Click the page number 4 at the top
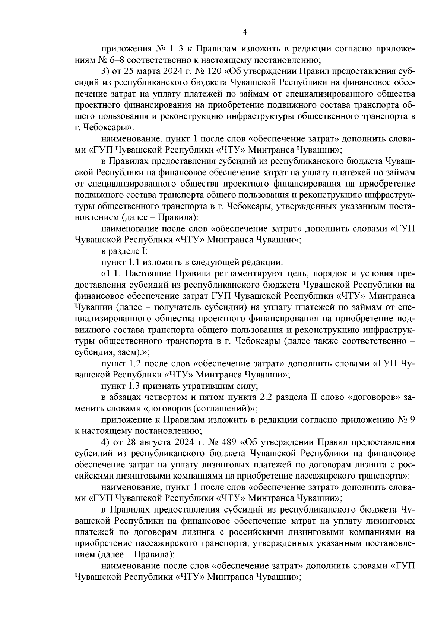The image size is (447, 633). [245, 32]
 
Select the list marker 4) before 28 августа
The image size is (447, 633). [105, 442]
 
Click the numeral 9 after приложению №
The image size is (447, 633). [412, 420]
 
